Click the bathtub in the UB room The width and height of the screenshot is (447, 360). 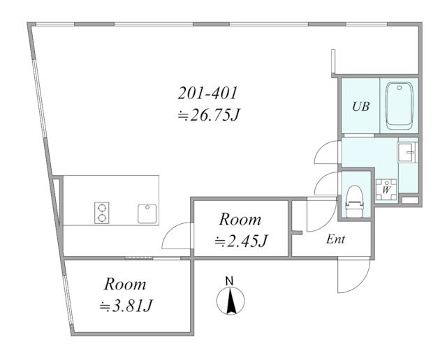399,105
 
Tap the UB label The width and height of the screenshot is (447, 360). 360,107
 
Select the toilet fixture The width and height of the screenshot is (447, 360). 354,202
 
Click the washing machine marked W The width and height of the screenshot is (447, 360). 386,189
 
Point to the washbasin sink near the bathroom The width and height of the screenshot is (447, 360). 407,152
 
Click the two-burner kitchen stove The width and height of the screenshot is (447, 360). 102,213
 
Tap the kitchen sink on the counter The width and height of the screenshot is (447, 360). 147,213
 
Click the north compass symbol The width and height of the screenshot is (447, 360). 230,301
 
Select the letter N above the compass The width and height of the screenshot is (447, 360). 229,281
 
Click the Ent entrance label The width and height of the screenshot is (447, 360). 335,239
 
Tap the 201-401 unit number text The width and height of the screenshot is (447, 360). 207,93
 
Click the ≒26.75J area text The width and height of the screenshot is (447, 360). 209,115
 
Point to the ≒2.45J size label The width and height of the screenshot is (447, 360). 241,241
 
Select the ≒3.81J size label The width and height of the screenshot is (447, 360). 126,306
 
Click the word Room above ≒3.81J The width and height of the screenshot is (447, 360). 125,284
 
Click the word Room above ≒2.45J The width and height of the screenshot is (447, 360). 240,220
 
